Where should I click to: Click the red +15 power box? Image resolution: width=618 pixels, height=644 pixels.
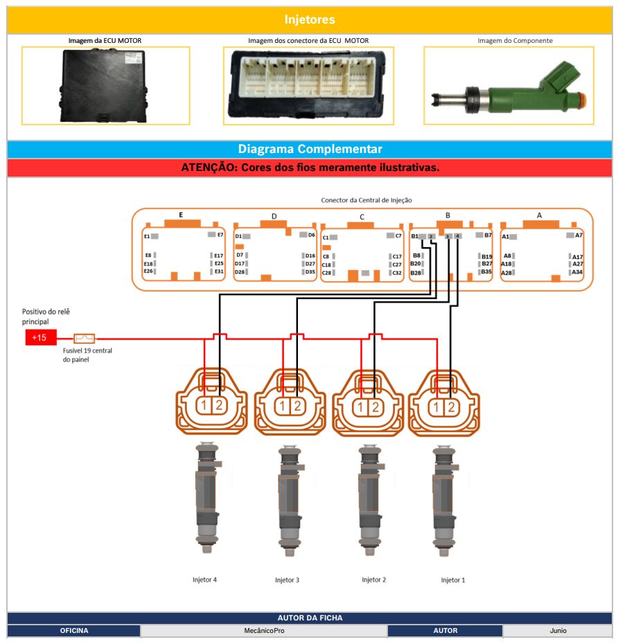tap(40, 338)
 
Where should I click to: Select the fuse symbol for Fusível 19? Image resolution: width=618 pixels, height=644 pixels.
tap(84, 339)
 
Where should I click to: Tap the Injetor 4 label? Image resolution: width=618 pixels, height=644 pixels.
tap(204, 580)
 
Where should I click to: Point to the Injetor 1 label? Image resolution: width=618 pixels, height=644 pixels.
tap(453, 580)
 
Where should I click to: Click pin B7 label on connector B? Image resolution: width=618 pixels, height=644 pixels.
tap(488, 235)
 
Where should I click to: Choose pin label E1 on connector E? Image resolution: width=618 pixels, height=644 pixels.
tap(147, 236)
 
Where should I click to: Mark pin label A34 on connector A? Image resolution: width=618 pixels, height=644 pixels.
tap(577, 272)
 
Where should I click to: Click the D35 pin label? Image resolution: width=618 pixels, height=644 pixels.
tap(310, 272)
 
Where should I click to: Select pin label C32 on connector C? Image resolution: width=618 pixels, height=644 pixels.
tap(397, 273)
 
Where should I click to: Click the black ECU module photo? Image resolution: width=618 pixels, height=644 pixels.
tap(105, 84)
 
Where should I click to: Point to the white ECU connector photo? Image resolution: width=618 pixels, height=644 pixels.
tap(308, 85)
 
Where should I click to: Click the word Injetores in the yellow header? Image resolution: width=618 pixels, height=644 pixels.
tap(309, 20)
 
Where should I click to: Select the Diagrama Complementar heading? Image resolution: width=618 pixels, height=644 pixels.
tap(309, 149)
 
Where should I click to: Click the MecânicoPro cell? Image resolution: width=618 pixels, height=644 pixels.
tap(264, 631)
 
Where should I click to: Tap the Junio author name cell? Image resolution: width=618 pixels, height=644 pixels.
tap(557, 631)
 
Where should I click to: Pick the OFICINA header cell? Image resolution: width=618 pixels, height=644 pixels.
tap(74, 631)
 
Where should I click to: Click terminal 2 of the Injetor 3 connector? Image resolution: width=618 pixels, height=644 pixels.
tap(297, 406)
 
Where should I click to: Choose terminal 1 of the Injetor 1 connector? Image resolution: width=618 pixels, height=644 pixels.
tap(436, 406)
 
